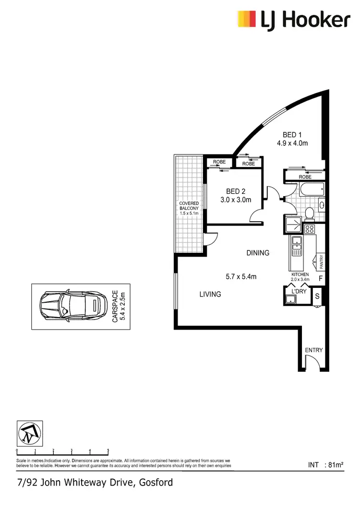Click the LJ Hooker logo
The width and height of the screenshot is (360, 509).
[x=294, y=20]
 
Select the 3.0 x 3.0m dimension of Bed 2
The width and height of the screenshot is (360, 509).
[x=236, y=200]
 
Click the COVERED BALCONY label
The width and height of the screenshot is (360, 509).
[x=189, y=206]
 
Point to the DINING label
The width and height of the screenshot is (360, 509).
[x=258, y=253]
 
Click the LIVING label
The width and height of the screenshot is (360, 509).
[x=210, y=294]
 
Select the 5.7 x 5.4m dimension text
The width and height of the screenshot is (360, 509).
[x=241, y=276]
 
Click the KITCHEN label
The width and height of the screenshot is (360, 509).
[x=300, y=274]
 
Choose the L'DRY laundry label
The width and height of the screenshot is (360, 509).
[x=292, y=291]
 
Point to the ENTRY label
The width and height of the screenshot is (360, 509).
[x=314, y=350]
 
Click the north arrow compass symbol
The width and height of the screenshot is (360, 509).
[x=29, y=433]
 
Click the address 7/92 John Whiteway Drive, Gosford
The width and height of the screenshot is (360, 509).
[x=95, y=482]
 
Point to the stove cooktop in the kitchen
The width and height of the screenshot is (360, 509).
[x=310, y=229]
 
